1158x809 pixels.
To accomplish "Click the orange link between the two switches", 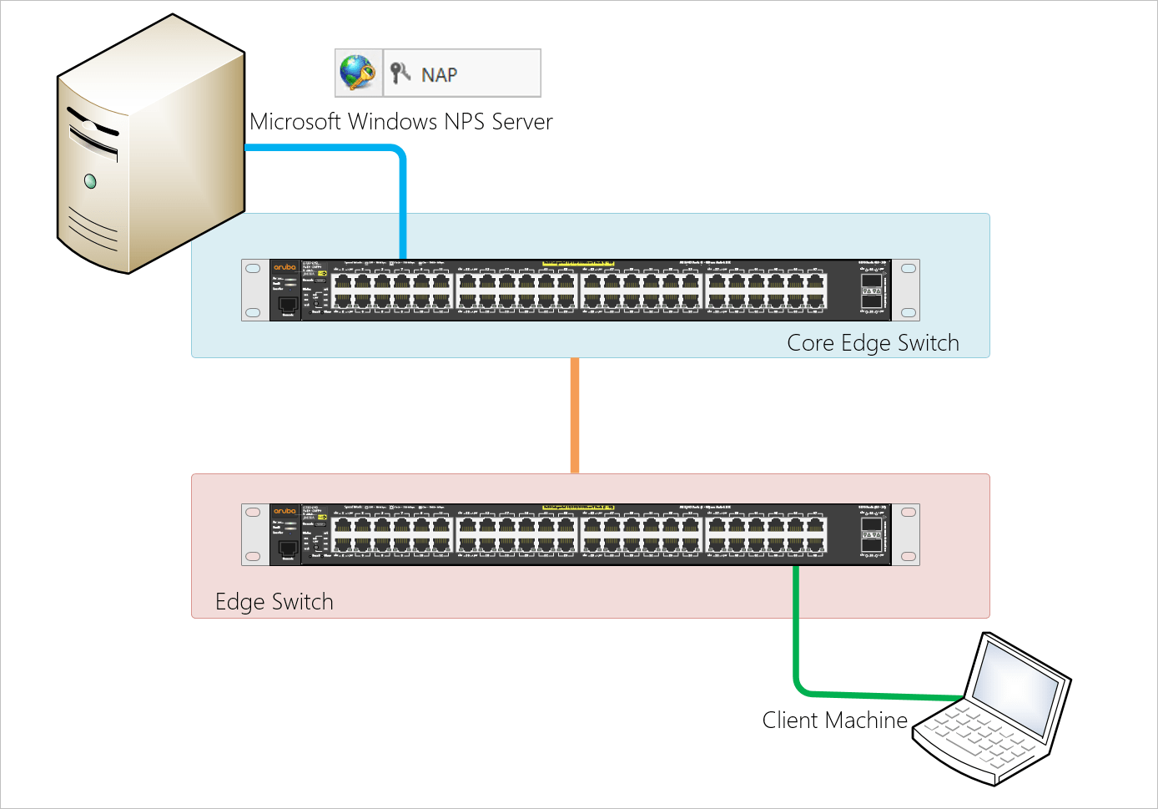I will [575, 416].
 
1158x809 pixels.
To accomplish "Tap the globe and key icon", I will [358, 73].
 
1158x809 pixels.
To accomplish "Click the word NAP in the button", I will [439, 75].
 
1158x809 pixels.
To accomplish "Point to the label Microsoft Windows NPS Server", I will [400, 122].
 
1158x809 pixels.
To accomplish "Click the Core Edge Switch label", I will [873, 343].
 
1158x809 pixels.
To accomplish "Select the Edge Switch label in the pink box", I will [274, 602].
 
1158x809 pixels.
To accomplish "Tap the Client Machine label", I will [834, 721].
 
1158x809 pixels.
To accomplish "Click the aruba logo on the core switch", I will [284, 267].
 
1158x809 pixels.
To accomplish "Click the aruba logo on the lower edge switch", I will [284, 511].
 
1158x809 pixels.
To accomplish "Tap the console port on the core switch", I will [288, 305].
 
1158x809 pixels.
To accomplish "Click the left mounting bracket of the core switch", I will [254, 290].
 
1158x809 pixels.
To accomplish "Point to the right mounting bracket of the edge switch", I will [908, 534].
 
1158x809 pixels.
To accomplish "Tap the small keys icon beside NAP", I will [400, 73].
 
